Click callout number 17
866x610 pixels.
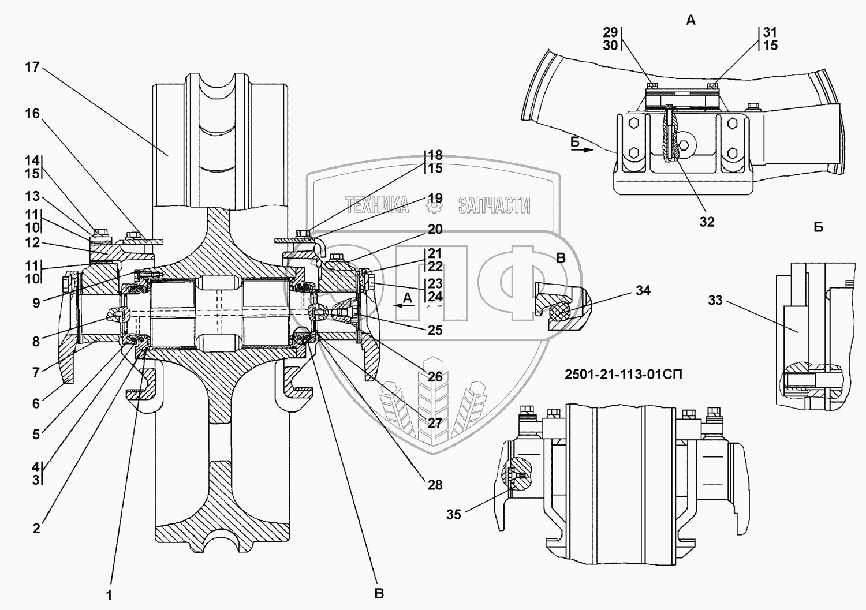pos(32,67)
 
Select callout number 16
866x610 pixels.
pos(32,113)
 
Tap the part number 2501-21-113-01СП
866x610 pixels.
pos(623,374)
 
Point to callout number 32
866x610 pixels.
pos(707,222)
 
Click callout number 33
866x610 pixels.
pos(715,300)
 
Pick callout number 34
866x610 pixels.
pos(643,290)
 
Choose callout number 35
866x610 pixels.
pos(454,515)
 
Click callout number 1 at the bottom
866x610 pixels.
pos(110,596)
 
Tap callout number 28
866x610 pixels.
pos(435,485)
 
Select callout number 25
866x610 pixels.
pos(435,330)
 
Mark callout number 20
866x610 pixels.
pos(435,229)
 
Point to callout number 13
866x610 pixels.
pos(32,196)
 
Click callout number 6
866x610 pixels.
pos(36,403)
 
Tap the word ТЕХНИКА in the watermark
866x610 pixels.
pos(377,204)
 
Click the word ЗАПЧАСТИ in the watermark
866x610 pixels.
pos(494,204)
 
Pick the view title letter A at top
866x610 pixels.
pos(691,20)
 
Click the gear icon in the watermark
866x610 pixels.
pos(434,205)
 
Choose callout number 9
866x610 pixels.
pos(36,302)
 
